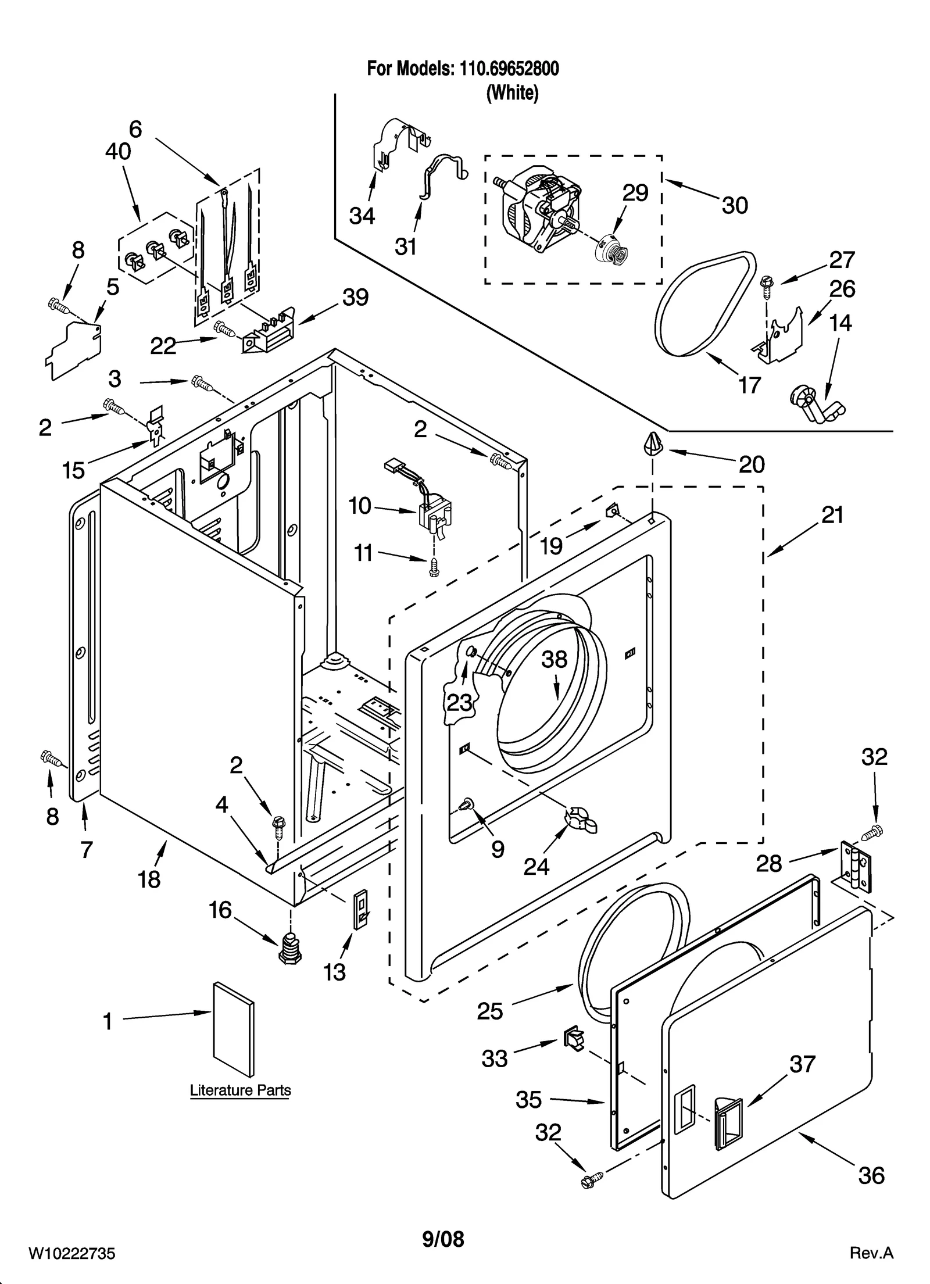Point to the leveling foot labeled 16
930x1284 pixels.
289,952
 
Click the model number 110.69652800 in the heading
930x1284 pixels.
509,69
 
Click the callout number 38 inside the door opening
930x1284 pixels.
554,659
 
